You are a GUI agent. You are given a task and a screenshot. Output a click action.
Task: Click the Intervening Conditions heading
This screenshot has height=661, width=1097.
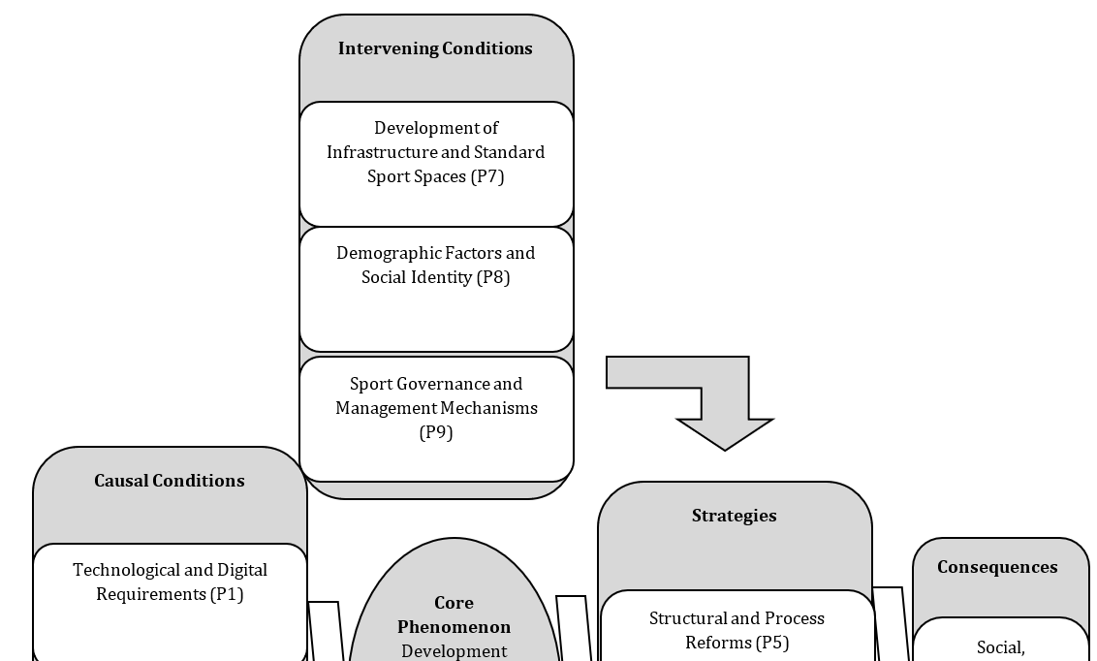(435, 48)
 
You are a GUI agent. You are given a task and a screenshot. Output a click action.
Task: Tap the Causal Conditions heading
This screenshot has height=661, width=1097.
(170, 481)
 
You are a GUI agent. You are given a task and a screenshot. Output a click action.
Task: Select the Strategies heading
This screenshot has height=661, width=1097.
(734, 516)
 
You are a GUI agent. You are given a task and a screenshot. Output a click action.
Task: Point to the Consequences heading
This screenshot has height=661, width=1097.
(997, 567)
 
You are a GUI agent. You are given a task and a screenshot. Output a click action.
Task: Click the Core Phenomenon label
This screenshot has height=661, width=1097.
(454, 614)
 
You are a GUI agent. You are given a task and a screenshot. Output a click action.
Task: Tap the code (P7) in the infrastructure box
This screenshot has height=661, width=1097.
(487, 176)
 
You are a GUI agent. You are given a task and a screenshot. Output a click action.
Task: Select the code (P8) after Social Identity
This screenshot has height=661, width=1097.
(493, 278)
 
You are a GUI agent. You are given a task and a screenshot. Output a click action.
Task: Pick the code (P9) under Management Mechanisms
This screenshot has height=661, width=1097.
(436, 433)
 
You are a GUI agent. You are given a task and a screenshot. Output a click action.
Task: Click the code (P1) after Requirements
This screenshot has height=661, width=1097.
(227, 594)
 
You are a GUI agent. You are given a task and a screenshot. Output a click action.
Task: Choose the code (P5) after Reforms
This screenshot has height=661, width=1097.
(772, 643)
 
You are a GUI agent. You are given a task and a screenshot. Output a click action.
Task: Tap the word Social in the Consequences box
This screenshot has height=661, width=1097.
(1000, 648)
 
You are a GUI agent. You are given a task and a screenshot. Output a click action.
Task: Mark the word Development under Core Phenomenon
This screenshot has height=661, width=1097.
(454, 652)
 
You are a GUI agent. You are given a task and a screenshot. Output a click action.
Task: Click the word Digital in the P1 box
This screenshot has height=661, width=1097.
(242, 571)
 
